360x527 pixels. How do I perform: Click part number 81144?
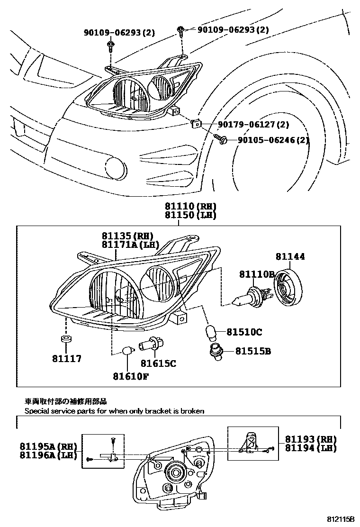click(x=290, y=257)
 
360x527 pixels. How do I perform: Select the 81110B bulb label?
click(x=257, y=275)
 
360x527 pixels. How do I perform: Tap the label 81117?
click(x=66, y=358)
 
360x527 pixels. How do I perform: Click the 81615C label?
click(x=158, y=363)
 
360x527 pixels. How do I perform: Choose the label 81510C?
click(x=244, y=332)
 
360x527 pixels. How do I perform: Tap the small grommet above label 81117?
click(x=66, y=339)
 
